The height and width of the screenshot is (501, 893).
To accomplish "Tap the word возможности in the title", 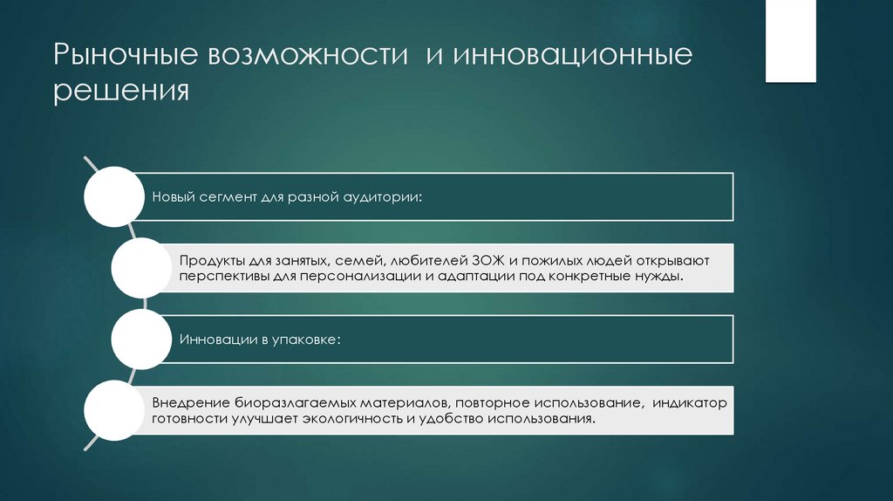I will click(307, 56).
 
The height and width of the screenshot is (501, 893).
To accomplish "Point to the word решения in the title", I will click(121, 91).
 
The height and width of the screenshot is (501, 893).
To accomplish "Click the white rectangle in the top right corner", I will click(790, 41).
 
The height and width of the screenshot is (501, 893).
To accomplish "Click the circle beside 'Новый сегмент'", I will click(114, 196).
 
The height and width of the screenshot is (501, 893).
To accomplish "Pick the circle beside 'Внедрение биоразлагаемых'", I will click(114, 410).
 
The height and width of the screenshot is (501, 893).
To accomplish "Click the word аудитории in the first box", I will click(381, 196).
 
